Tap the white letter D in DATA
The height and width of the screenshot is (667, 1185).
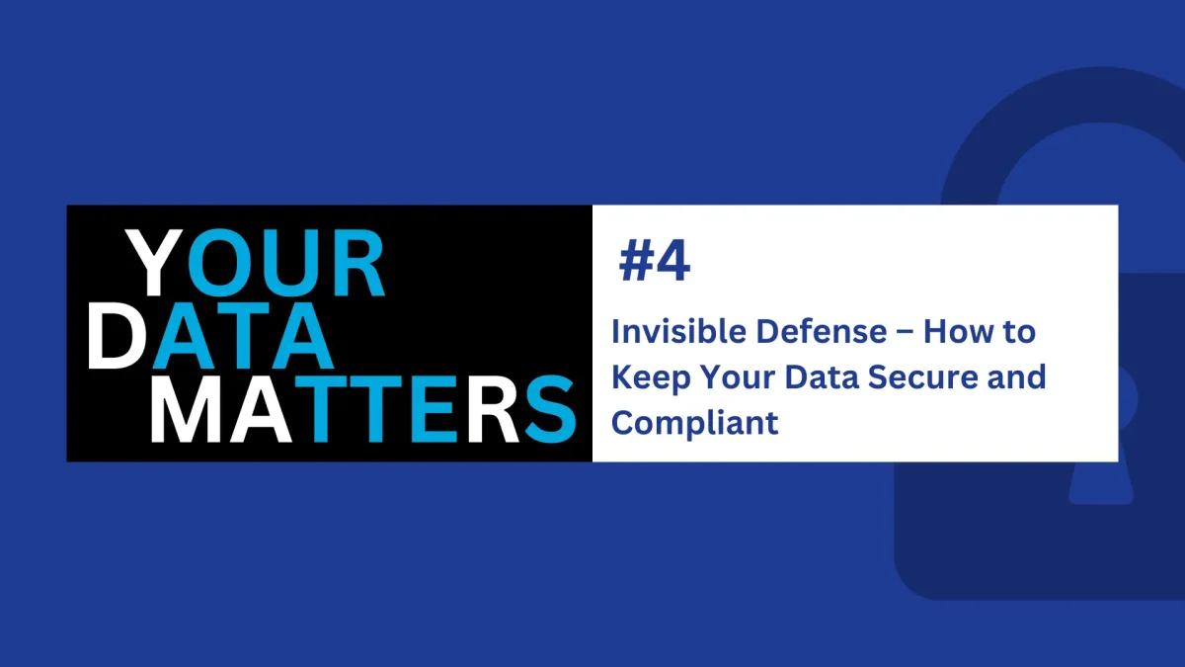tap(117, 336)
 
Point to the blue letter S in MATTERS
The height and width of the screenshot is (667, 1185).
tap(550, 409)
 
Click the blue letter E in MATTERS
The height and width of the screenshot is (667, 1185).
tap(434, 409)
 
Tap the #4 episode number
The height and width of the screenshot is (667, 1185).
tap(655, 261)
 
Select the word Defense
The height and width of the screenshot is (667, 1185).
tap(821, 331)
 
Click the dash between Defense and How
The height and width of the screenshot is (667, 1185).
tap(906, 332)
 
